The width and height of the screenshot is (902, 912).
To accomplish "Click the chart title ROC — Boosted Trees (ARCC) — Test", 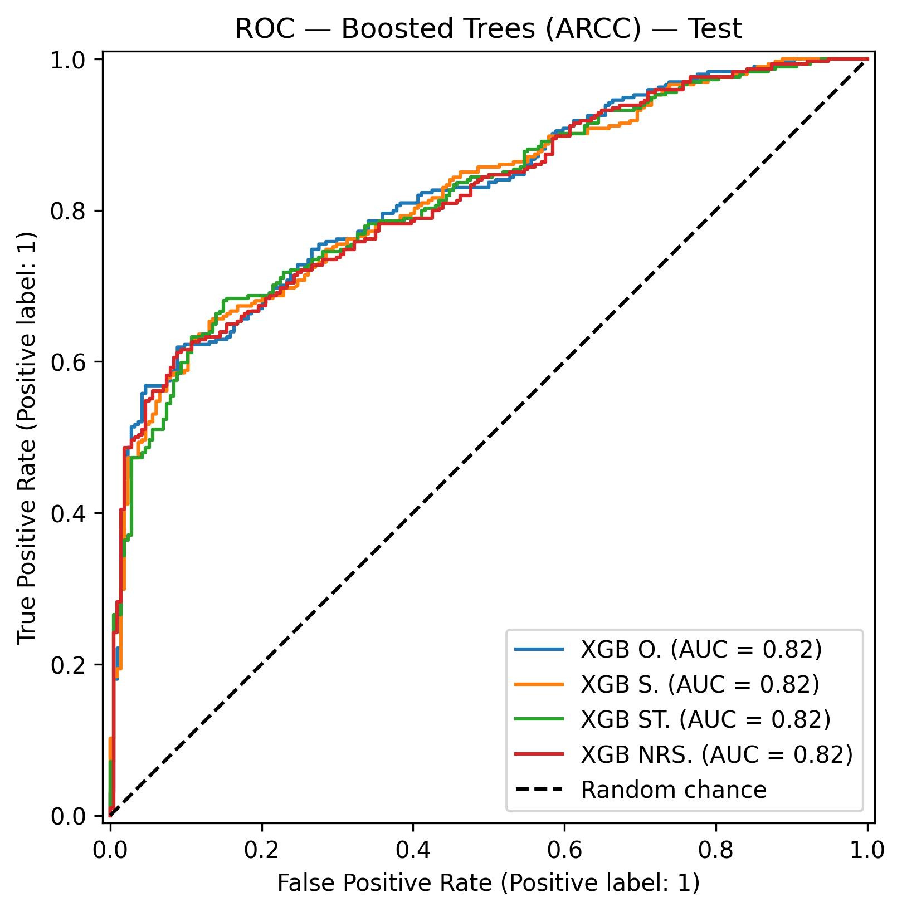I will [x=488, y=29].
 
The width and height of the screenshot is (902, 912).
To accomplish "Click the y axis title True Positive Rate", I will [x=26, y=437].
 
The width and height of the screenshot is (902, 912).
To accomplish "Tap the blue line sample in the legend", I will [x=539, y=649].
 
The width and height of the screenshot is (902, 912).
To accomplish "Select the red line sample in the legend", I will [x=539, y=754].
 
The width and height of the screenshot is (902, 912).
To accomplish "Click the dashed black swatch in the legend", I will [x=539, y=790].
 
